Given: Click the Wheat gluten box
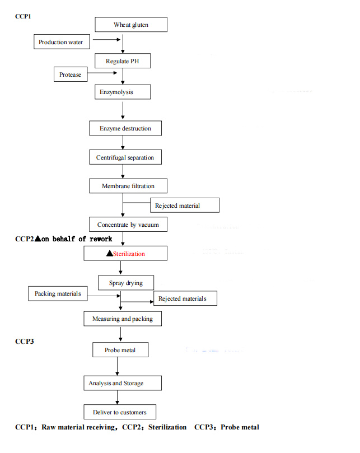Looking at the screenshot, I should point(131,25).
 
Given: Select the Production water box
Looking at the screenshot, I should point(60,42).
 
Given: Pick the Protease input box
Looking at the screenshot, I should point(70,74).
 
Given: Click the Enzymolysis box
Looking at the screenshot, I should point(116,91).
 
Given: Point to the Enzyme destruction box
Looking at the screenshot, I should point(125,128).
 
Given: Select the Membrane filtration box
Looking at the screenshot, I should point(128,186).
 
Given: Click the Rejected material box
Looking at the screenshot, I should point(177,206).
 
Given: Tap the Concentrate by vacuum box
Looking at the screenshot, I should point(128,225).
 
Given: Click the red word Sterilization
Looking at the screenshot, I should point(129,254).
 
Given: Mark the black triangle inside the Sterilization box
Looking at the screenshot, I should point(109,254).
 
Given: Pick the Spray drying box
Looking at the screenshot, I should point(125,283).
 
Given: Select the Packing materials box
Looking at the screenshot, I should point(58,293).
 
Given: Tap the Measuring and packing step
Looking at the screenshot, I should point(123,319).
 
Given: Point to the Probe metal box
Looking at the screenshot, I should point(120,351).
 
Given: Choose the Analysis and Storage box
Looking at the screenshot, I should point(116,383).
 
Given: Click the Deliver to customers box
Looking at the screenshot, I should point(120,412).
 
